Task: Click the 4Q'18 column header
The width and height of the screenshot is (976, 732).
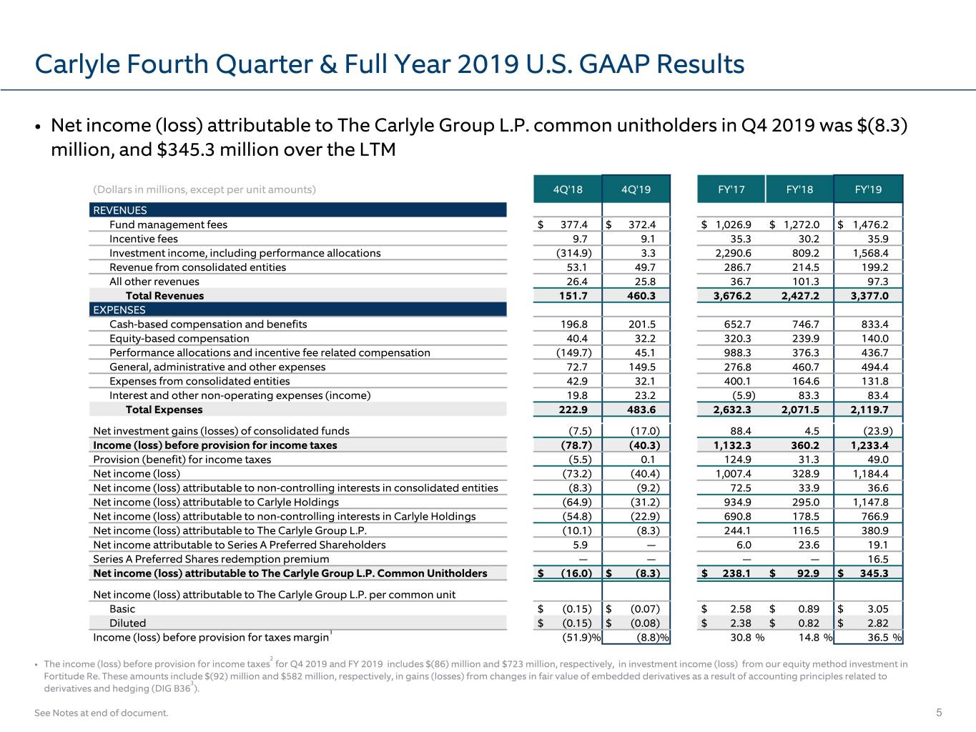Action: (568, 189)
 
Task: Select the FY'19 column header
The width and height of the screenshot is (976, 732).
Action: (868, 189)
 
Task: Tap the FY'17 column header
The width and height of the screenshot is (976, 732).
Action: (731, 189)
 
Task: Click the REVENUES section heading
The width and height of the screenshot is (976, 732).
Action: (119, 210)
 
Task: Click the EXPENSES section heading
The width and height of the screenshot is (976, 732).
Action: (119, 310)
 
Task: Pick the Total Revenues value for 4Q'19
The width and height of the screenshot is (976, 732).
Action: (641, 295)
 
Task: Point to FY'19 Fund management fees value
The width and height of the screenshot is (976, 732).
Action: (870, 224)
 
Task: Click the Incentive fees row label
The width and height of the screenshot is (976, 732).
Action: (143, 239)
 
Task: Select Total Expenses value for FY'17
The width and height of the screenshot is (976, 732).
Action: (732, 410)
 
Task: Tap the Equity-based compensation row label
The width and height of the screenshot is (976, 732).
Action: (179, 338)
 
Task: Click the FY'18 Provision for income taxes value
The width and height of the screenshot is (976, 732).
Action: (809, 459)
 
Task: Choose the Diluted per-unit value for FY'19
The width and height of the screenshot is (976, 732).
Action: (878, 623)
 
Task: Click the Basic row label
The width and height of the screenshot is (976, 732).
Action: (122, 608)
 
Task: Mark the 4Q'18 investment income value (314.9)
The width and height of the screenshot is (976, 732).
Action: (574, 253)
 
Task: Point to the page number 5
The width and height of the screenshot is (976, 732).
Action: (939, 713)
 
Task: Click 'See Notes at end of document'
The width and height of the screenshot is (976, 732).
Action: (102, 713)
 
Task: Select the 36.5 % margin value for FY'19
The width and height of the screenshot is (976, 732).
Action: (884, 637)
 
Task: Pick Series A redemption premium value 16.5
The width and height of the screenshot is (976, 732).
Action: (878, 559)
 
